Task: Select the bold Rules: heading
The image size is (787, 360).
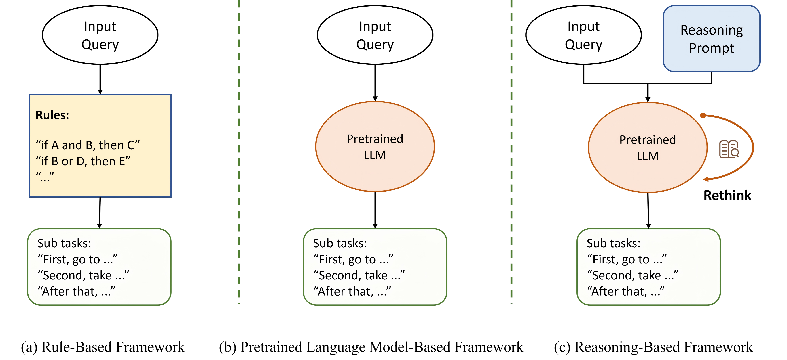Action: coord(52,115)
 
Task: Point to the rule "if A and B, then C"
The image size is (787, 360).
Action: coord(88,145)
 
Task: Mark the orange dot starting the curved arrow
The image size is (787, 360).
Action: coord(703,115)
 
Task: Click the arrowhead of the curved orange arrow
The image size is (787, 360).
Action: coord(706,179)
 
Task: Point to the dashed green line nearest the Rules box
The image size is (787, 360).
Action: coord(239,153)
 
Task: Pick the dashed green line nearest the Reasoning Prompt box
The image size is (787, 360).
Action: coord(511,153)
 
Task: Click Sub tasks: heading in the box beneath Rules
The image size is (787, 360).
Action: coord(64,243)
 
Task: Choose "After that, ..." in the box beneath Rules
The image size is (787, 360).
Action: coord(76,292)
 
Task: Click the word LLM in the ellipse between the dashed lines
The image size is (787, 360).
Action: coord(375,155)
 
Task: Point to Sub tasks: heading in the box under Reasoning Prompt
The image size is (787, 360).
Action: coord(613,243)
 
